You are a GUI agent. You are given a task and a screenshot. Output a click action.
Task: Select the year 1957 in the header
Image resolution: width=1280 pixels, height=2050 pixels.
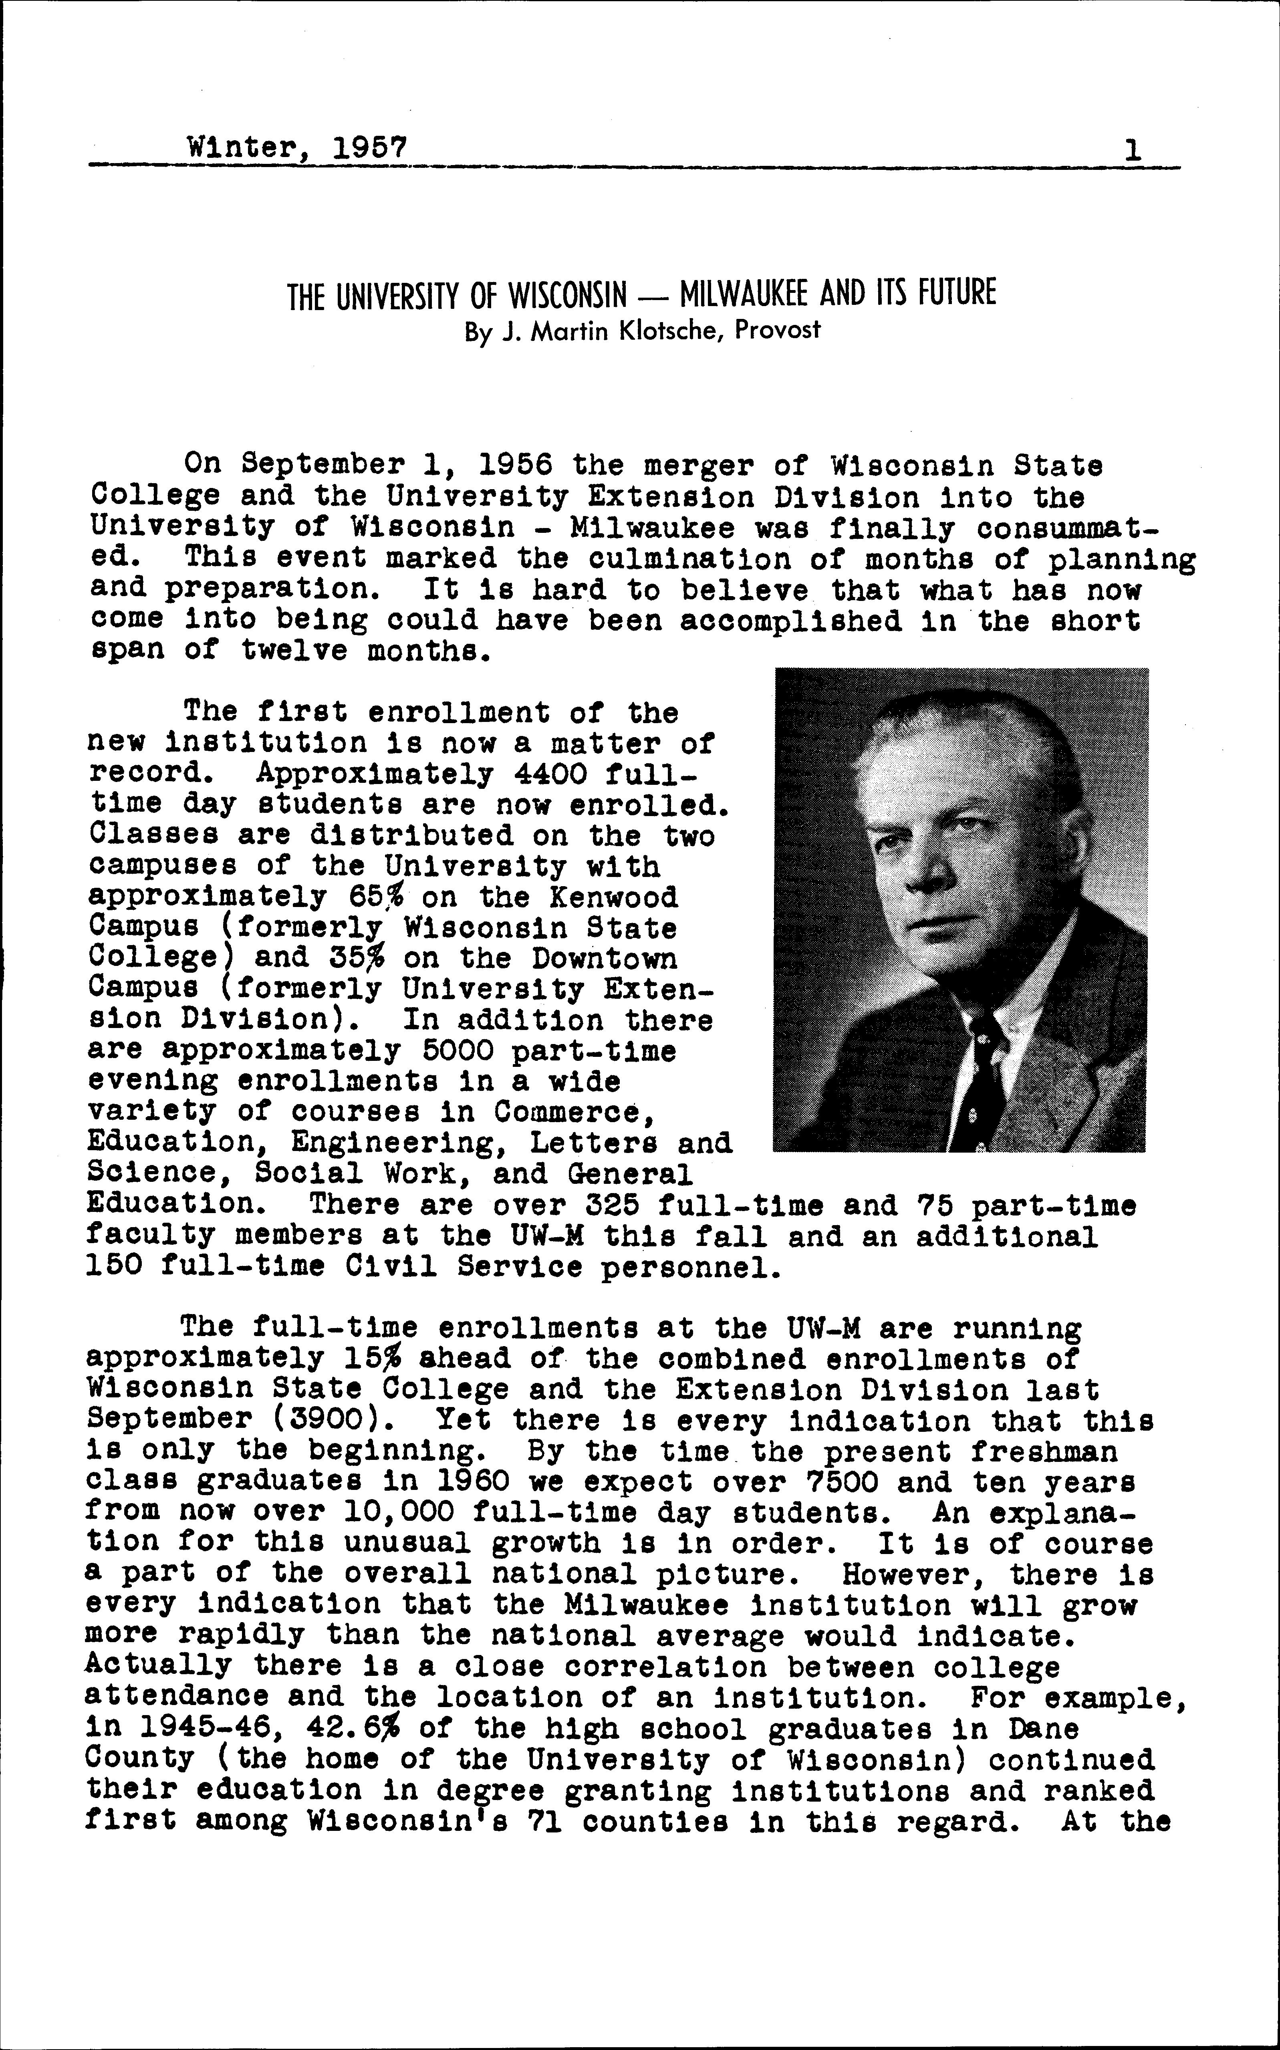point(370,149)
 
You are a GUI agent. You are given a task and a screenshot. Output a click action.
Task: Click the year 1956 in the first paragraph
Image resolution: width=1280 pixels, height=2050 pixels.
point(516,466)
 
